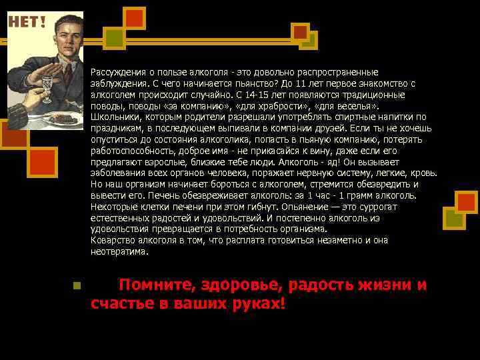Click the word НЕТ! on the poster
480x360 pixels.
27,22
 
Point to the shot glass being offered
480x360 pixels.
47,83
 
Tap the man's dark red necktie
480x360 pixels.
67,73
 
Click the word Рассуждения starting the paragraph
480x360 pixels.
116,72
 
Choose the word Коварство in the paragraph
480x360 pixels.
111,240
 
